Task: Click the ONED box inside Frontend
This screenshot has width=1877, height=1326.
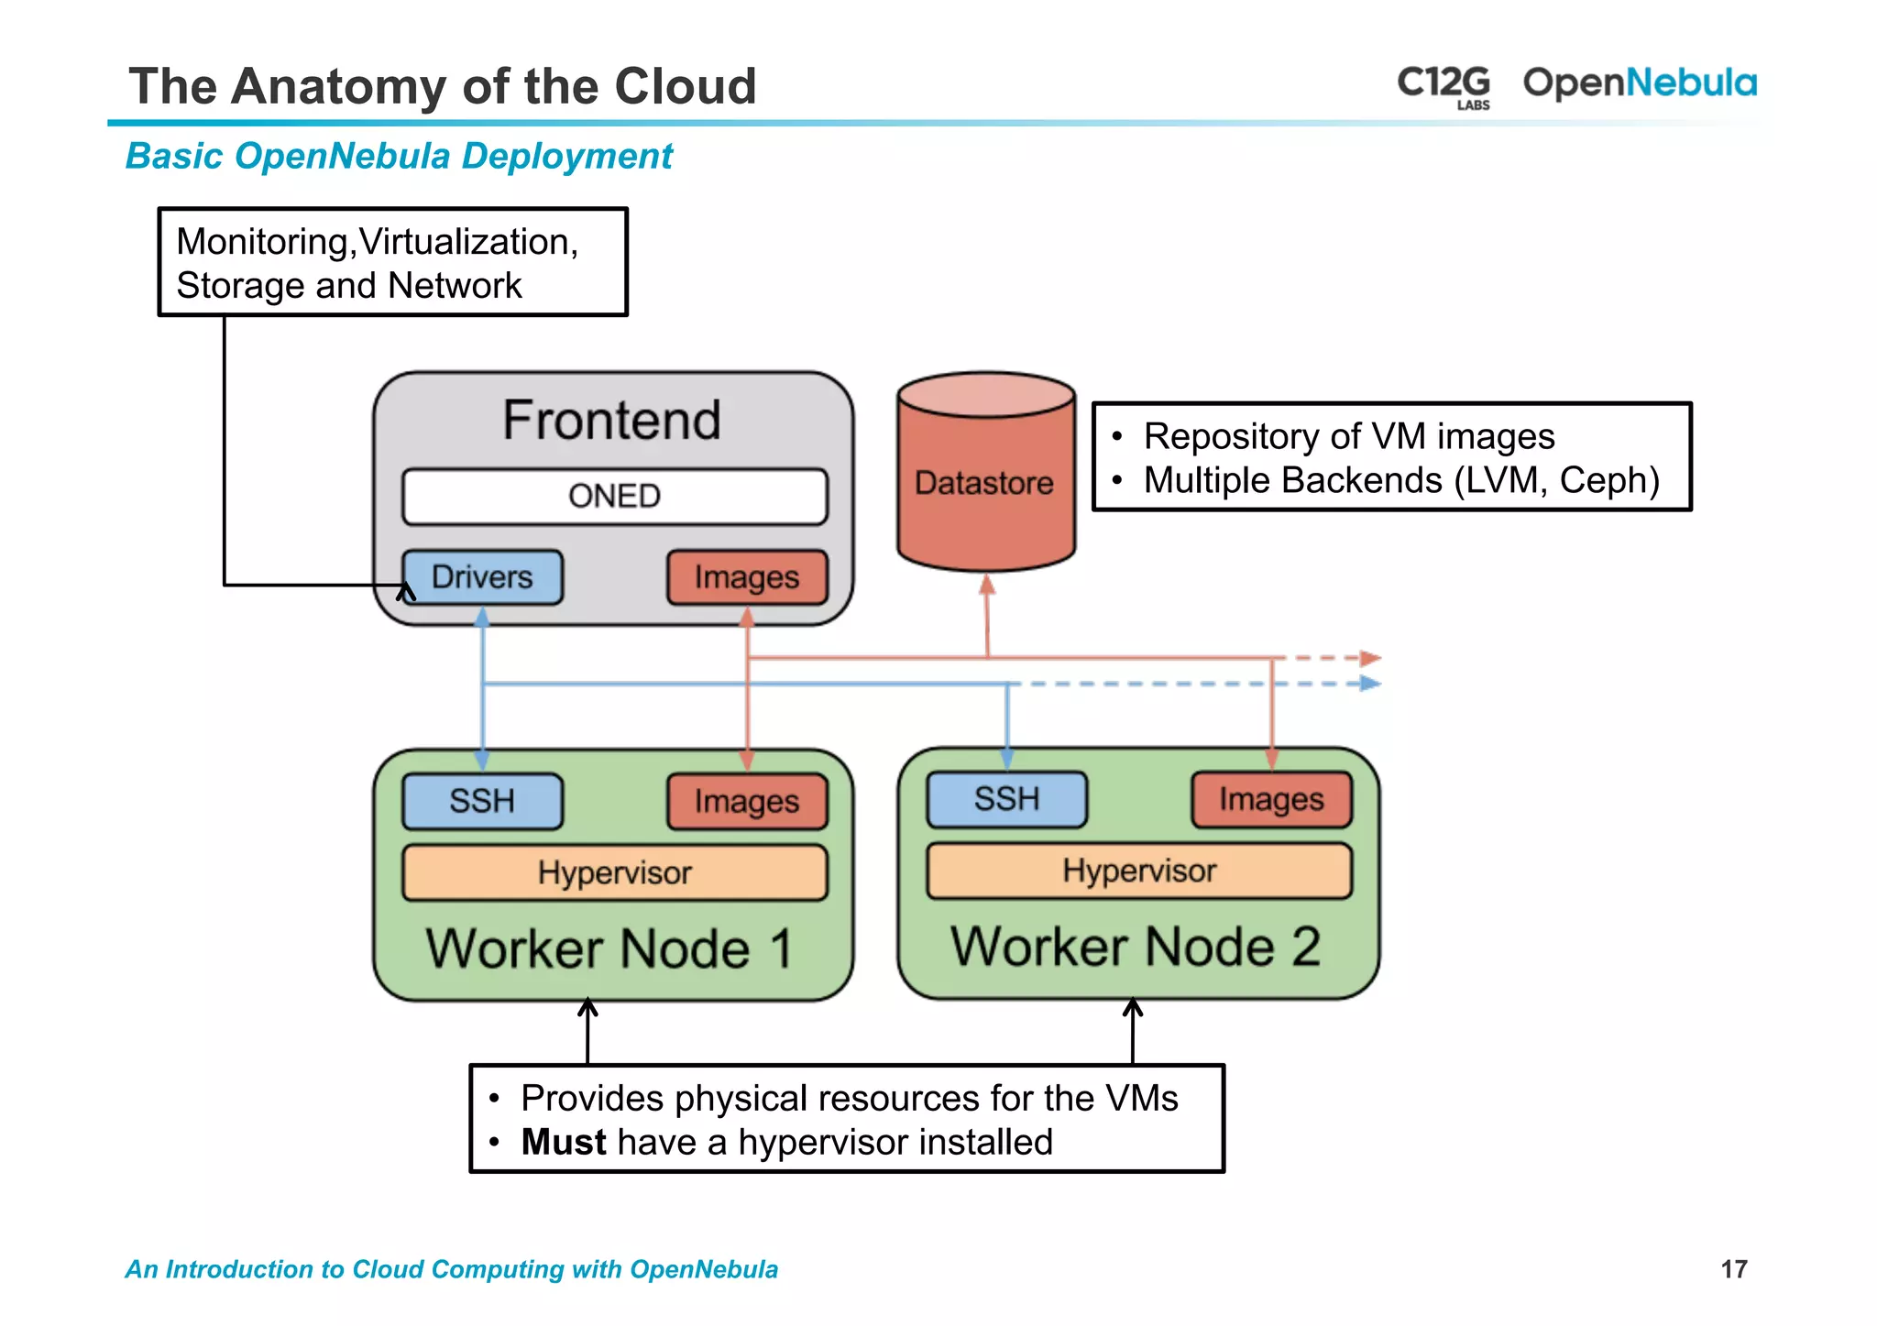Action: coord(614,497)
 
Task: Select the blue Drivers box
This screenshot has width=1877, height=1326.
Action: coord(482,577)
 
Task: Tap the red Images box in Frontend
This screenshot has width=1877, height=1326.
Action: coord(746,577)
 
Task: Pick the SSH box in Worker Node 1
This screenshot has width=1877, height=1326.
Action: coord(482,801)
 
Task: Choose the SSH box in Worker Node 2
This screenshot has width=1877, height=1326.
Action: coord(1006,799)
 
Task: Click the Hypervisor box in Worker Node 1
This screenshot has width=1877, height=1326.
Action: coord(614,872)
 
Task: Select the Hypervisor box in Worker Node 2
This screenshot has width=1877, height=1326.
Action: coord(1139,871)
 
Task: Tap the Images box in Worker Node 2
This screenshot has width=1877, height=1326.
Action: coord(1271,799)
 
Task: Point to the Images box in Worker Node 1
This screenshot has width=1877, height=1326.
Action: coord(746,801)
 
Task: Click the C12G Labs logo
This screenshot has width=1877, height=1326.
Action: coord(1443,85)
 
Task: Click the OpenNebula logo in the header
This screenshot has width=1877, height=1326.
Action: coord(1640,82)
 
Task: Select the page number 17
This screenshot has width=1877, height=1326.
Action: coord(1733,1269)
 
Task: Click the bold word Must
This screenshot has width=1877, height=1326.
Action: coord(564,1143)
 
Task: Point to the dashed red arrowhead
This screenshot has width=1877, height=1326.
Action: coord(1370,658)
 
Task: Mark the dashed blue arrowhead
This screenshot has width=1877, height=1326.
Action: coord(1370,684)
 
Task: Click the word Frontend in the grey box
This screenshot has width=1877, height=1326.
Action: coord(612,420)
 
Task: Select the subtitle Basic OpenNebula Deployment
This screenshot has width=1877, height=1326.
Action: coord(399,156)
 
